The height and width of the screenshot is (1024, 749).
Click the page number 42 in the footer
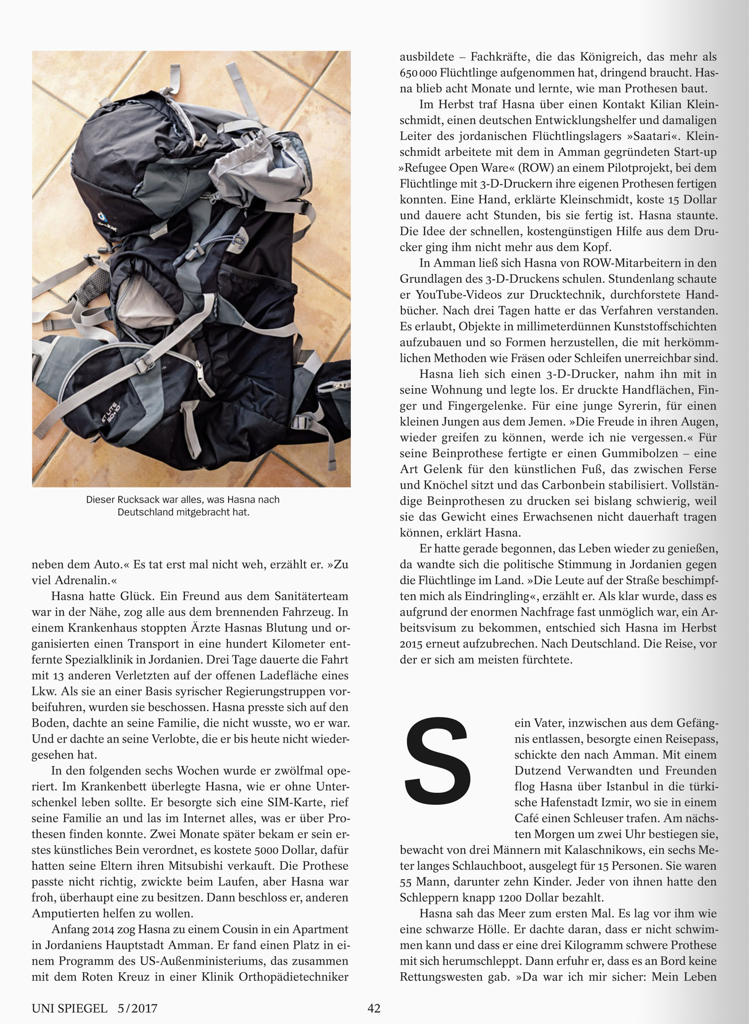tap(374, 1009)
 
